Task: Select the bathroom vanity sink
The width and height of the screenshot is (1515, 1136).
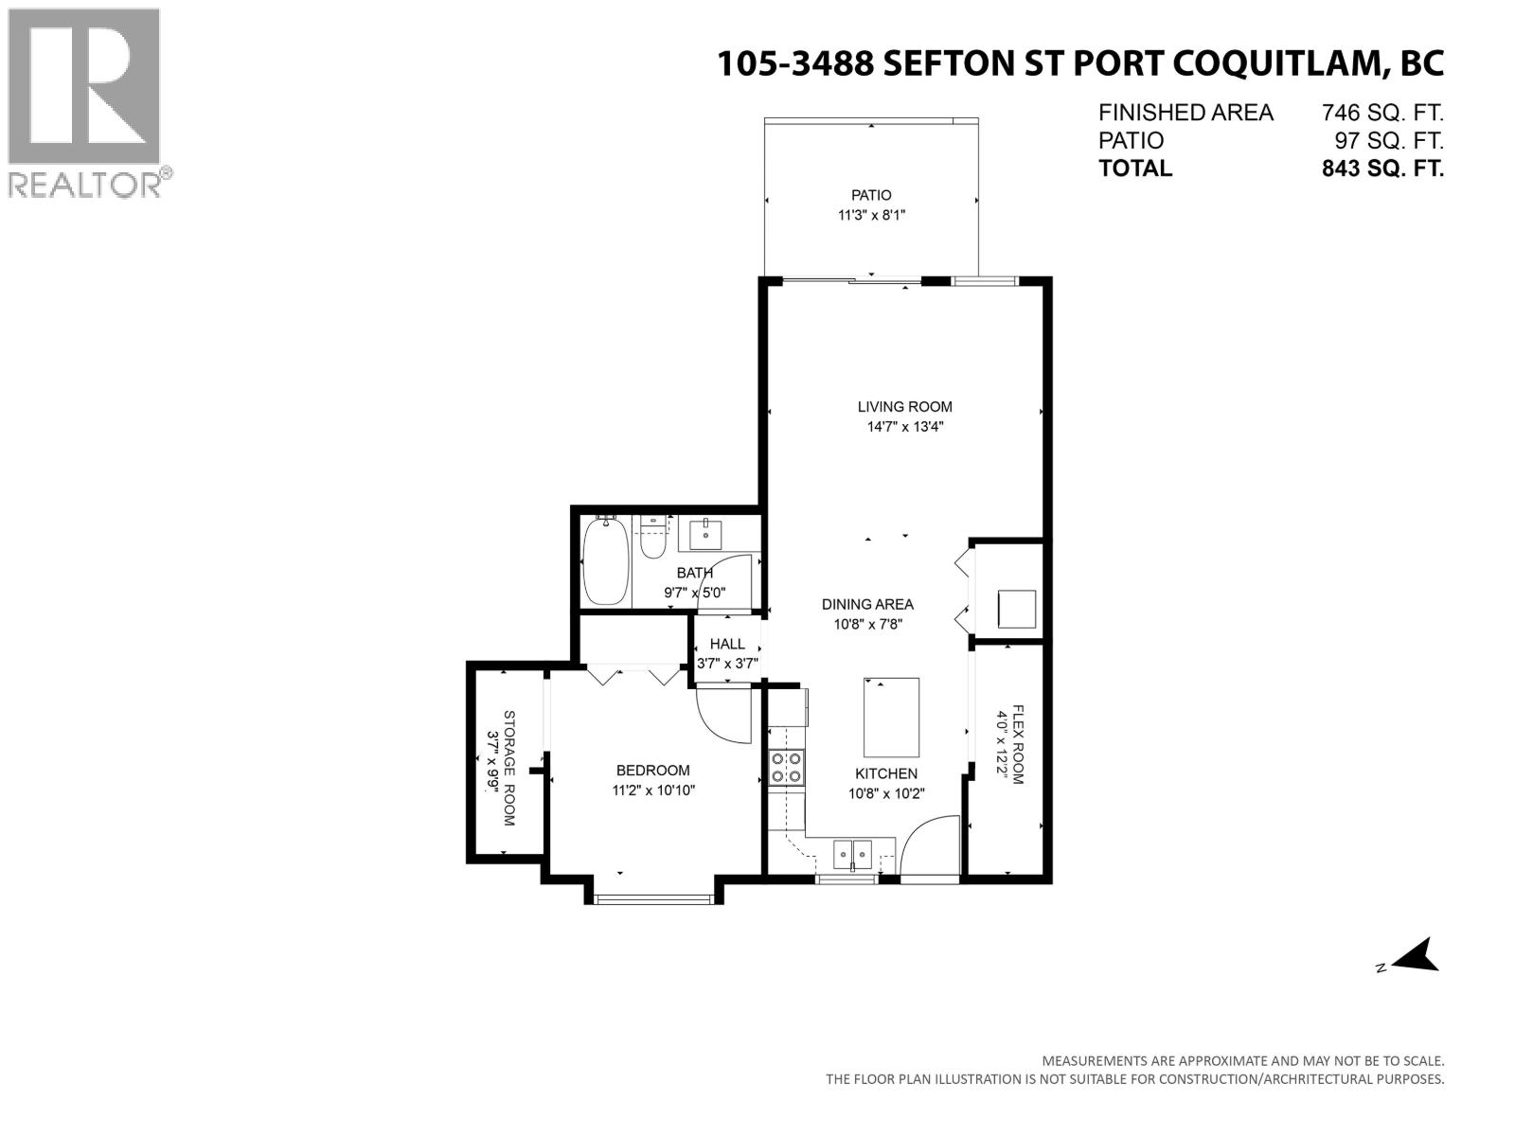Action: pos(705,534)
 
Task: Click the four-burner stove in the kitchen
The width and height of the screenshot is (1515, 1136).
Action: pos(787,767)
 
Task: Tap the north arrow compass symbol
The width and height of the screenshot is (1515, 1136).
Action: pos(1415,956)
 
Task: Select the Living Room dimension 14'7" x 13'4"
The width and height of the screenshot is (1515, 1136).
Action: pos(905,427)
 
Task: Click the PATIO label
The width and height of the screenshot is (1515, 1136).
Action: pos(871,195)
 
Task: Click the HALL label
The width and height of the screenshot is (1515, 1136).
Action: pos(727,644)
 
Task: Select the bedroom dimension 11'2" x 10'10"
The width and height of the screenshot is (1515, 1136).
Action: pos(653,790)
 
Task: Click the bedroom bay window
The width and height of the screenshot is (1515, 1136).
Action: pos(653,898)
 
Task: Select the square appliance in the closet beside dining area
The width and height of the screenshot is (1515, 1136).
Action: pos(1017,609)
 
